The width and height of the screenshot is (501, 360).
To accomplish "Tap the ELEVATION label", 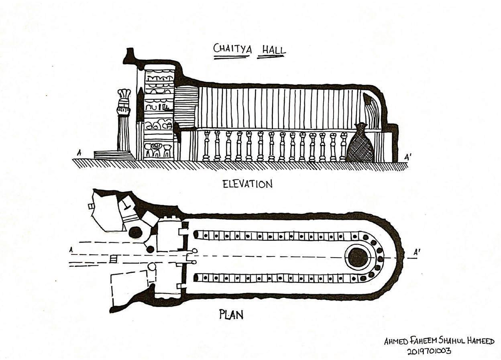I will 247,184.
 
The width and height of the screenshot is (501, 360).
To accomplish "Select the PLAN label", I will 231,314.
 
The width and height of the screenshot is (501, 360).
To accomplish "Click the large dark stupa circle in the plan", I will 357,257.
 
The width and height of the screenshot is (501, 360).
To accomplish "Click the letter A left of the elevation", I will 79,153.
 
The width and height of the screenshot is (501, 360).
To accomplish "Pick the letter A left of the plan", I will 71,250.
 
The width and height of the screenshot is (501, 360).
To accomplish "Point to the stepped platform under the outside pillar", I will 113,155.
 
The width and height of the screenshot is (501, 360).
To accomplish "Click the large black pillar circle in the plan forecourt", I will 135,232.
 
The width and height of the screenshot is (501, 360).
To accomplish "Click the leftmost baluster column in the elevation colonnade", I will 206,145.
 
